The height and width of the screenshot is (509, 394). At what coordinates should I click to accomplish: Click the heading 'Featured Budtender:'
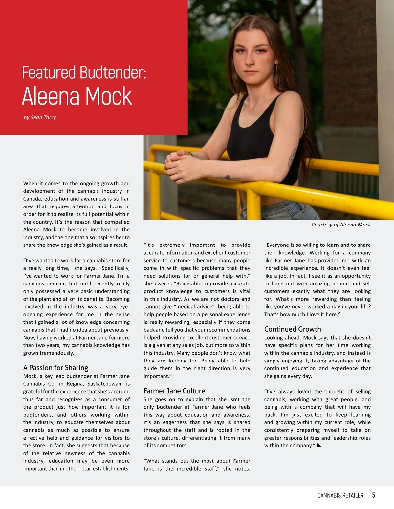tap(84, 72)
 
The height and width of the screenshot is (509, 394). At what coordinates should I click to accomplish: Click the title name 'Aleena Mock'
tap(77, 96)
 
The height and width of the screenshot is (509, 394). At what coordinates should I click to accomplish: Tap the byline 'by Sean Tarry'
tap(40, 117)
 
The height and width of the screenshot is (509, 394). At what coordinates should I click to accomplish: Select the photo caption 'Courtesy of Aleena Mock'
tap(341, 225)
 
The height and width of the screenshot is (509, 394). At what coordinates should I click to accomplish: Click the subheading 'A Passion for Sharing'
tap(56, 368)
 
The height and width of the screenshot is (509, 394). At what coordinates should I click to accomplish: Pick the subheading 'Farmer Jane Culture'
tap(174, 391)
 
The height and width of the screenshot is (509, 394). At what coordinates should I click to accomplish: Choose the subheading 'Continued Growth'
tap(293, 329)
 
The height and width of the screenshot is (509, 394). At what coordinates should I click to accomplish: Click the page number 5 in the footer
tap(373, 495)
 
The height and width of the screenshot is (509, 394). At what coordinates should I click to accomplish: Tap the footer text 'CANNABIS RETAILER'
tap(340, 495)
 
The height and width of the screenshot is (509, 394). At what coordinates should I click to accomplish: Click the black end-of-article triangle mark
tap(318, 445)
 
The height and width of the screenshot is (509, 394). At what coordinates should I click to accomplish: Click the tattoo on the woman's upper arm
tap(292, 159)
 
